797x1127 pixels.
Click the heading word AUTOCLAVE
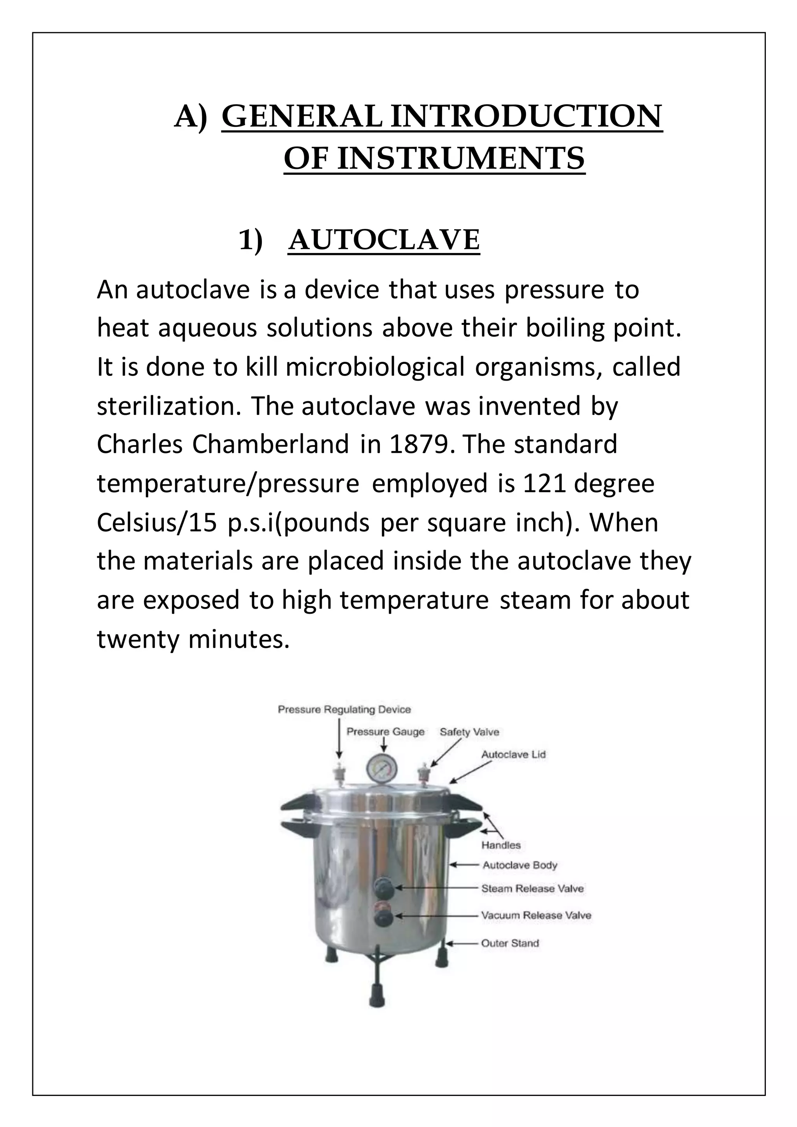[x=384, y=240]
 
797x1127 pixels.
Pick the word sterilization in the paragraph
[x=169, y=406]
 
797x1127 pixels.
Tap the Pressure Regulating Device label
[x=344, y=710]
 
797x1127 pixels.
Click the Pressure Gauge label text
[x=385, y=732]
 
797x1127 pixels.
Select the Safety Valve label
[x=469, y=732]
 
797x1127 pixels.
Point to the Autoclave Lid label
[x=513, y=755]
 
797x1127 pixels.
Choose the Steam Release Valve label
[x=532, y=888]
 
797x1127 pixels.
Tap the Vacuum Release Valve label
[x=535, y=915]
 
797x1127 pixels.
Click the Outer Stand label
[x=509, y=943]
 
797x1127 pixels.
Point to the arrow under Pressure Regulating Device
[x=339, y=741]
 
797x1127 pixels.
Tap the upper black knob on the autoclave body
[x=380, y=887]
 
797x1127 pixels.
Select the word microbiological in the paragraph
[x=375, y=367]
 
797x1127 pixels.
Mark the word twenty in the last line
[x=137, y=639]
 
